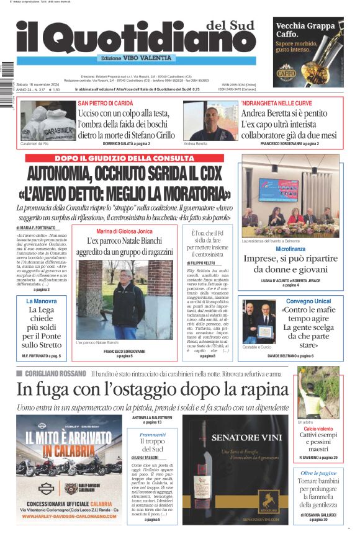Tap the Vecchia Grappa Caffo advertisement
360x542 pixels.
(x=308, y=43)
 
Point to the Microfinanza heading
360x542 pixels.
(x=290, y=249)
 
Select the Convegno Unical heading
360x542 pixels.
(x=308, y=301)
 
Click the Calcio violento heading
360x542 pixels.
(x=318, y=429)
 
